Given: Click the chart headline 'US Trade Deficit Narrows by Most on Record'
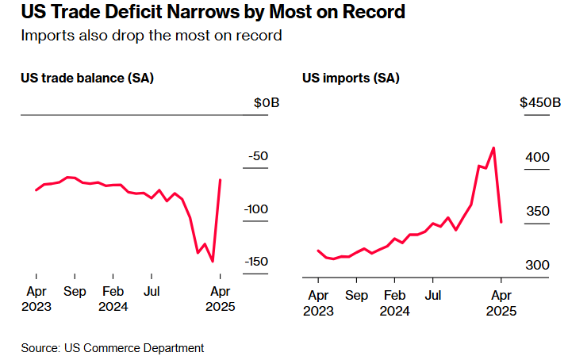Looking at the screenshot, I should pyautogui.click(x=213, y=13).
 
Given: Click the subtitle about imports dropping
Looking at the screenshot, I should pyautogui.click(x=152, y=36).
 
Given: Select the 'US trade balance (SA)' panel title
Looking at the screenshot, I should pyautogui.click(x=87, y=78).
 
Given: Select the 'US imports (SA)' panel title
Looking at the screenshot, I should pyautogui.click(x=351, y=78).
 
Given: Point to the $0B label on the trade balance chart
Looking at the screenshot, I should pyautogui.click(x=267, y=103).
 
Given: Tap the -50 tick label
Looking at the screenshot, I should pyautogui.click(x=259, y=156).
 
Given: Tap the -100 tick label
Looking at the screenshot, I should pyautogui.click(x=255, y=209).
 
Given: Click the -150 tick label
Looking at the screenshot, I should pyautogui.click(x=255, y=262).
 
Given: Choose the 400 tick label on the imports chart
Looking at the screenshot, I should pyautogui.click(x=537, y=157).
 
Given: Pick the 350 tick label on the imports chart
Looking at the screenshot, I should pyautogui.click(x=537, y=211).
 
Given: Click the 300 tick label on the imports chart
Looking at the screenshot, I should pyautogui.click(x=537, y=264).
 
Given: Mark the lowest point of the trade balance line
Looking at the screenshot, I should pyautogui.click(x=213, y=261).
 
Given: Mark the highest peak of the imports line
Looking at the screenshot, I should pyautogui.click(x=493, y=147).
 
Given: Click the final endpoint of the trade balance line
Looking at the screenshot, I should pyautogui.click(x=220, y=180).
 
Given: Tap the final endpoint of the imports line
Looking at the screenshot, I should pyautogui.click(x=501, y=222).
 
